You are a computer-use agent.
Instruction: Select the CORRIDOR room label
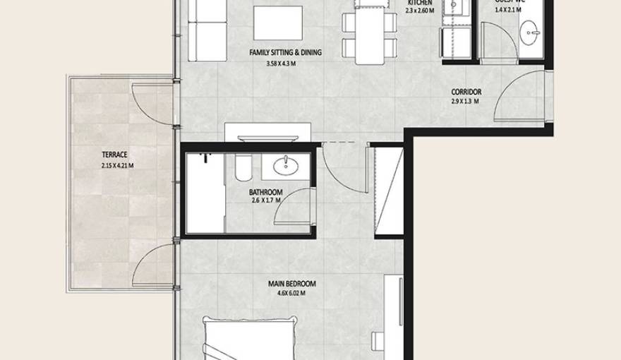(x=466, y=92)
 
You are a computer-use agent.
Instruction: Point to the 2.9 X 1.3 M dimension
(x=465, y=102)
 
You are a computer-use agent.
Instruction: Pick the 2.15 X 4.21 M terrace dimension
(x=116, y=167)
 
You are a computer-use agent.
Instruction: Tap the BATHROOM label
(x=265, y=192)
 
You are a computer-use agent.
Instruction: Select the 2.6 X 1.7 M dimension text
(x=265, y=201)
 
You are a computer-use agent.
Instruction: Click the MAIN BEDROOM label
(x=291, y=284)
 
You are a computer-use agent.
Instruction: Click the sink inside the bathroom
(x=287, y=167)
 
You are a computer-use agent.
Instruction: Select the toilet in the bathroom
(x=239, y=169)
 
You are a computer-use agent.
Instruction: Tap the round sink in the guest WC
(x=530, y=32)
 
